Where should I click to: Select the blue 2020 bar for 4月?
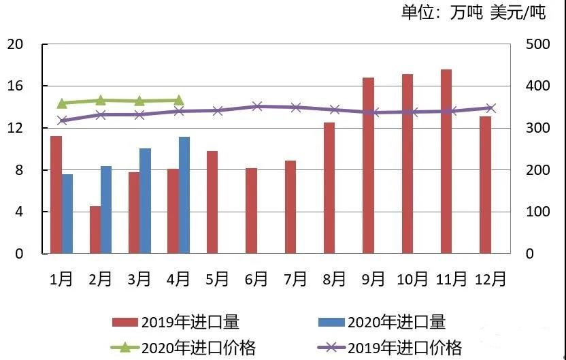pos(184,195)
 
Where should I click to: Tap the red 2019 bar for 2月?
pos(95,230)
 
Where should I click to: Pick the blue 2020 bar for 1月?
pos(67,214)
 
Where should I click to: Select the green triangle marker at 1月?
pos(62,103)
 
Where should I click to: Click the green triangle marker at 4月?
pos(178,101)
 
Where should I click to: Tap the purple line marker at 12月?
pos(490,108)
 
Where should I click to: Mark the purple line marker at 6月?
pos(256,106)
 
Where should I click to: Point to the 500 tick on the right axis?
pos(537,44)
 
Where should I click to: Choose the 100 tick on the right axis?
pos(537,212)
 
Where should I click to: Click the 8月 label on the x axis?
pos(335,279)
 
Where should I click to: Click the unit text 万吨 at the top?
pos(468,13)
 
